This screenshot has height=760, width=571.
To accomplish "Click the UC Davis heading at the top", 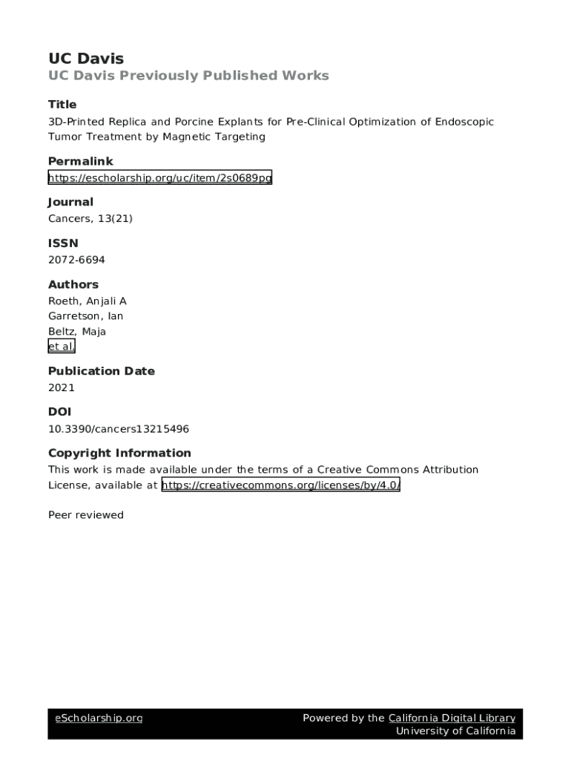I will click(86, 59).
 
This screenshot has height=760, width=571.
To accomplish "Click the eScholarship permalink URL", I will click(160, 177).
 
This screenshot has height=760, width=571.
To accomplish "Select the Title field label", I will click(62, 105).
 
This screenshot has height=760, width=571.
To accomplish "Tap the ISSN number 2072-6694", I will click(76, 260).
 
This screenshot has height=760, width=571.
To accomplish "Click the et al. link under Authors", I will click(62, 347).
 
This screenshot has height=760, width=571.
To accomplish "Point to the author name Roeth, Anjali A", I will click(88, 301).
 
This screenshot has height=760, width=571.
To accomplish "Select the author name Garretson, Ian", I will click(85, 316).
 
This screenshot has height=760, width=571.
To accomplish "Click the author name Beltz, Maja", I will click(77, 332).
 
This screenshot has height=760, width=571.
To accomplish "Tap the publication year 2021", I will click(62, 387).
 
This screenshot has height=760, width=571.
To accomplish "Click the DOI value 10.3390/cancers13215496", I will click(124, 428).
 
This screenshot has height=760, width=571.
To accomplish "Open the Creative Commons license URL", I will click(281, 485).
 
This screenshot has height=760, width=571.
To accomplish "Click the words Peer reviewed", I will click(86, 515).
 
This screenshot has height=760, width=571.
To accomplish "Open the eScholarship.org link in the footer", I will click(99, 718).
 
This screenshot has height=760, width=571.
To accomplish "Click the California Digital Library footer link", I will click(452, 718).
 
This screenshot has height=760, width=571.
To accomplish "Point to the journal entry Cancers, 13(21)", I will click(90, 218).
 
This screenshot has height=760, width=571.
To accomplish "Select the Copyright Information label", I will click(119, 453).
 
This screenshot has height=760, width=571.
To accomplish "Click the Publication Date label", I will click(102, 371).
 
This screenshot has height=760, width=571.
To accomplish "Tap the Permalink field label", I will click(81, 161).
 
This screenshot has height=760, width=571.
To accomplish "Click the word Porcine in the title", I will click(194, 122).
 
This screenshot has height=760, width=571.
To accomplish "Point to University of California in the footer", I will click(455, 731).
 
